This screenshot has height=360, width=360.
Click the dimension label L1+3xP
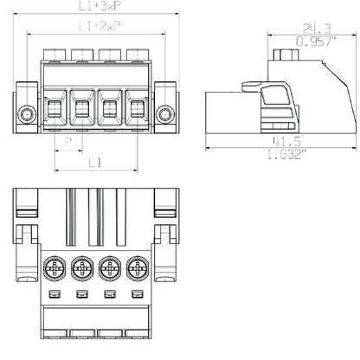click(x=99, y=6)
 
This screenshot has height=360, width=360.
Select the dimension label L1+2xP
click(x=100, y=26)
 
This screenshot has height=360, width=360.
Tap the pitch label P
click(x=68, y=142)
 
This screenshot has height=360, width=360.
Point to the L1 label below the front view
click(x=95, y=163)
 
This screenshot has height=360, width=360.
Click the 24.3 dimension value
click(x=317, y=29)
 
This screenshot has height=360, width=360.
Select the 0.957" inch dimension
click(x=316, y=42)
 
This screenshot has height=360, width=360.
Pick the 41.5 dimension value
click(x=286, y=141)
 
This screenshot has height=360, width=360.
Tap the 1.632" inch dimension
click(x=286, y=154)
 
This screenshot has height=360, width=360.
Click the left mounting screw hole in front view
click(x=27, y=114)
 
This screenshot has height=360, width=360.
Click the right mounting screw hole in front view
click(x=165, y=114)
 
